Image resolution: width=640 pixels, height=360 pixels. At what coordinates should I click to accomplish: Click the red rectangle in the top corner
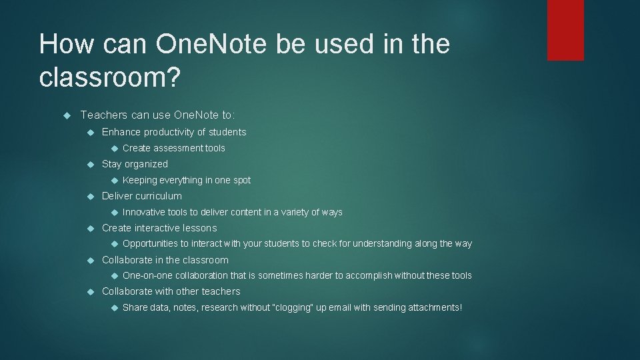[565, 30]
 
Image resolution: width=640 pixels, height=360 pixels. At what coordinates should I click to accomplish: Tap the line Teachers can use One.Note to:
[157, 115]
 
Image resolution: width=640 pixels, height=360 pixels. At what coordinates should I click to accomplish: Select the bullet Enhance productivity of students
[174, 132]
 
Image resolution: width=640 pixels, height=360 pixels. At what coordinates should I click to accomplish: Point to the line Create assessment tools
[174, 148]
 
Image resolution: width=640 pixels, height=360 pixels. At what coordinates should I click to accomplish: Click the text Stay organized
[135, 164]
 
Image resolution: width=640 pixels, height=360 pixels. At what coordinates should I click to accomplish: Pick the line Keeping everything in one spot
[187, 180]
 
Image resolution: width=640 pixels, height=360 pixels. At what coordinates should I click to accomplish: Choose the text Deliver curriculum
[141, 196]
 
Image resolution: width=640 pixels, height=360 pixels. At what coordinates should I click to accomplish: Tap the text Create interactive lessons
[159, 228]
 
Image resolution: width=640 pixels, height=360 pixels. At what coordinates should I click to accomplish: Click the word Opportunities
[151, 244]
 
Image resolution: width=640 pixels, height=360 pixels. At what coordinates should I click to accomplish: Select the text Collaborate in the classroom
[165, 260]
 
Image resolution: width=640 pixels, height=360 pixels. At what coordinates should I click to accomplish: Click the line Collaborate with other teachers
[171, 291]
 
